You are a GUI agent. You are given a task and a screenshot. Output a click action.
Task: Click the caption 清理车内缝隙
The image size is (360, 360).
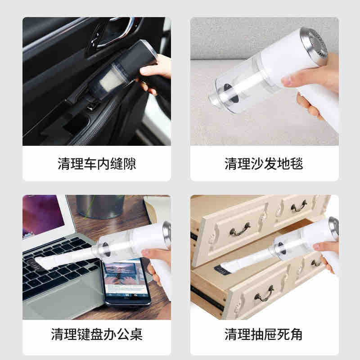(x=96, y=163)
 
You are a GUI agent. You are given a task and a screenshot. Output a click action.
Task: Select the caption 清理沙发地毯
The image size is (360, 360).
(x=264, y=163)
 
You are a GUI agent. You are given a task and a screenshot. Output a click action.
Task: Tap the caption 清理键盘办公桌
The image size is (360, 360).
(x=96, y=334)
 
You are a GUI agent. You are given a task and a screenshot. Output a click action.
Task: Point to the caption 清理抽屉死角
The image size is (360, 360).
(x=264, y=334)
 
